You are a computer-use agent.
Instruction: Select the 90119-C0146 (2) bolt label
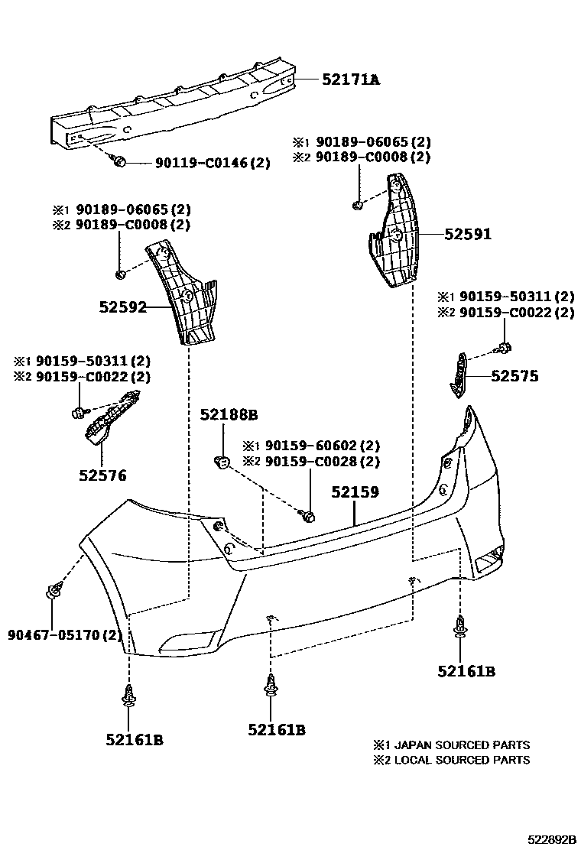pyautogui.click(x=213, y=163)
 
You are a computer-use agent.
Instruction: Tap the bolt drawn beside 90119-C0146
pyautogui.click(x=118, y=161)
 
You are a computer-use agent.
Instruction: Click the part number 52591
pyautogui.click(x=468, y=235)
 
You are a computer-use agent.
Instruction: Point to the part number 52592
pyautogui.click(x=122, y=307)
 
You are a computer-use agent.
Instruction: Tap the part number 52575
pyautogui.click(x=514, y=376)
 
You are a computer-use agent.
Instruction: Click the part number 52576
pyautogui.click(x=102, y=475)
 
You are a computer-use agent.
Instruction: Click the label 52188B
pyautogui.click(x=229, y=415)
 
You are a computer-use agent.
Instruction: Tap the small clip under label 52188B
pyautogui.click(x=222, y=461)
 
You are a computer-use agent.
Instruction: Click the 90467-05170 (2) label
pyautogui.click(x=65, y=634)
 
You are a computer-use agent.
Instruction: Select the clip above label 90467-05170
pyautogui.click(x=54, y=591)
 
